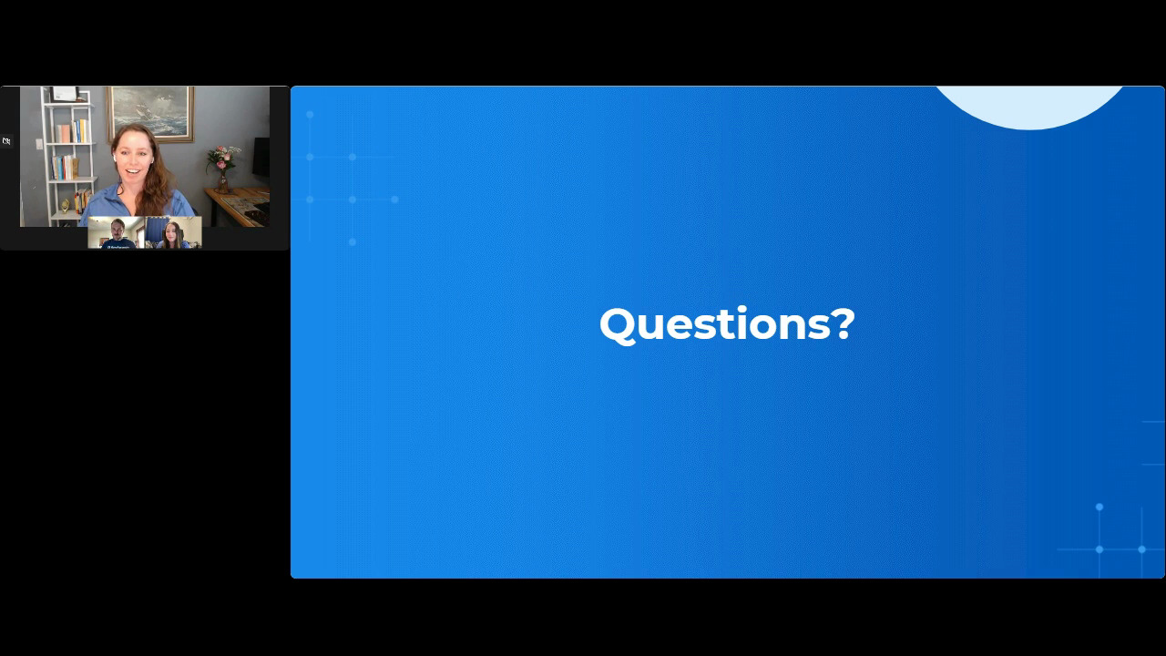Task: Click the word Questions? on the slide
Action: tap(727, 325)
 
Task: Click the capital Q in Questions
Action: tap(618, 326)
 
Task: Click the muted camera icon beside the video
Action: tap(6, 141)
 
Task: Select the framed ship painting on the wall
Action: tap(150, 114)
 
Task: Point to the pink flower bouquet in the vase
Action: tap(223, 158)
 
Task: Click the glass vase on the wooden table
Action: tap(223, 182)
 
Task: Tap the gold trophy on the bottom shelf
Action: tap(65, 206)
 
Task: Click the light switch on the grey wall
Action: tap(39, 144)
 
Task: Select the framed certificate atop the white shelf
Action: tap(65, 94)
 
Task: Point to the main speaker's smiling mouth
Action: tap(133, 170)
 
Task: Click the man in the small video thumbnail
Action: tap(118, 234)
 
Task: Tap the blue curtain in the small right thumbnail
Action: tap(155, 229)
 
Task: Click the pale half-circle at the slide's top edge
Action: tap(1029, 107)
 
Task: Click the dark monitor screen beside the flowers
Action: tap(261, 158)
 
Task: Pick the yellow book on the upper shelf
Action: tap(83, 130)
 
